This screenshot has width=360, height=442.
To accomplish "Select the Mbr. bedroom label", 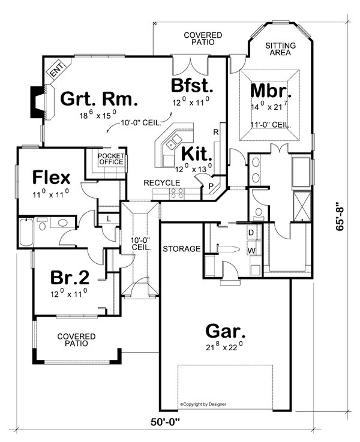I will (271, 92).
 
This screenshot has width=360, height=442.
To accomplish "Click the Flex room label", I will (51, 178).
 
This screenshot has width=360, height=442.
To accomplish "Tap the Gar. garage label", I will (224, 330).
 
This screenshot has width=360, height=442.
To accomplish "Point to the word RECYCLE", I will (161, 182).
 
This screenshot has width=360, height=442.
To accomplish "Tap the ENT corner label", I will (56, 71).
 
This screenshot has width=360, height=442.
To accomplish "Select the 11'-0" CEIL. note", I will (271, 125).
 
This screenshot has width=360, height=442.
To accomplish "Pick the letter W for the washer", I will (251, 249).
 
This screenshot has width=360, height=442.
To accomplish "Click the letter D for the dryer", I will (251, 232).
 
